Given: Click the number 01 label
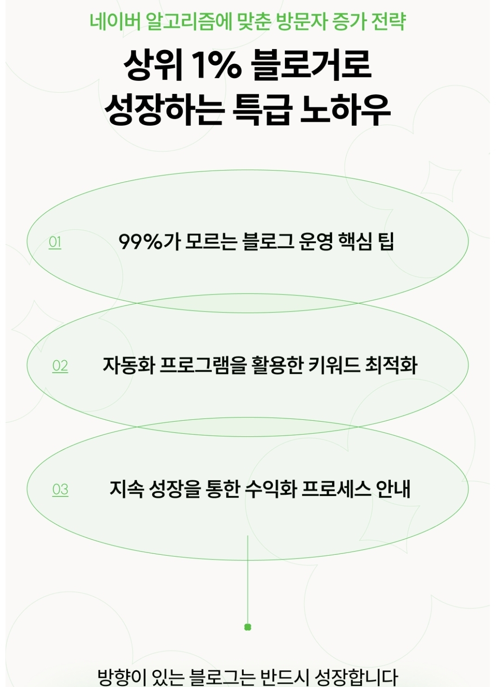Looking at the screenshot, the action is pyautogui.click(x=55, y=242).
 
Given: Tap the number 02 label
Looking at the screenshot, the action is pyautogui.click(x=60, y=366).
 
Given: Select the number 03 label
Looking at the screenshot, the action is pyautogui.click(x=60, y=490).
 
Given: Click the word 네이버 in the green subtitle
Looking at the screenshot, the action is pyautogui.click(x=115, y=21).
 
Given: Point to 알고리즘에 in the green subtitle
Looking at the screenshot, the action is pyautogui.click(x=189, y=21).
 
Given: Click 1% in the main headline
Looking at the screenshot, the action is pyautogui.click(x=217, y=65).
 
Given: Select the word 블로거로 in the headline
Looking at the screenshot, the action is pyautogui.click(x=311, y=65).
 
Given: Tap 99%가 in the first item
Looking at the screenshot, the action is pyautogui.click(x=149, y=242).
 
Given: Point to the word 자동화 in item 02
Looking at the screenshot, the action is pyautogui.click(x=128, y=366).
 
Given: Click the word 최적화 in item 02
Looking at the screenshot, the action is pyautogui.click(x=391, y=366).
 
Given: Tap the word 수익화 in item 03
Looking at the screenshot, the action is pyautogui.click(x=271, y=489).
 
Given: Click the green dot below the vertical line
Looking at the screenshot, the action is pyautogui.click(x=248, y=627).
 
